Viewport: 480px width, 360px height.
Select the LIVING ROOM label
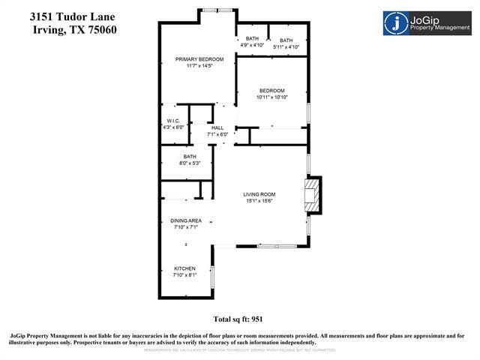click(259, 195)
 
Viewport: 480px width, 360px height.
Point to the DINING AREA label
click(185, 220)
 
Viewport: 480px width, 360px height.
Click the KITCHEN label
click(184, 268)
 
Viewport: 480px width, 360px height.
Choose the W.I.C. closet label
click(172, 121)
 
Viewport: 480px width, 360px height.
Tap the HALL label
click(217, 128)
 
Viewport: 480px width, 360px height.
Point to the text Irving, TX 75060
click(75, 29)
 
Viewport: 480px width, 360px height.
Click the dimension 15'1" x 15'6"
click(259, 201)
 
